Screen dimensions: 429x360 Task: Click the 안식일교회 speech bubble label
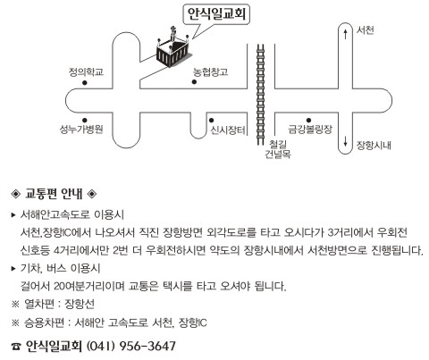(216, 14)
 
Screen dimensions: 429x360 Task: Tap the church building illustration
(173, 48)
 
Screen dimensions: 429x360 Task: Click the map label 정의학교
(86, 72)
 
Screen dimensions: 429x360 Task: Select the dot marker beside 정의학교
(85, 83)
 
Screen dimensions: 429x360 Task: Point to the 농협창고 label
(210, 71)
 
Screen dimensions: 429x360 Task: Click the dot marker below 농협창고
(194, 82)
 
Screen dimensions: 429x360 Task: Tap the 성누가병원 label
(81, 130)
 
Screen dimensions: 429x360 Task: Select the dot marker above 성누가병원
(85, 121)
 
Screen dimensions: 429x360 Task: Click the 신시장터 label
(228, 130)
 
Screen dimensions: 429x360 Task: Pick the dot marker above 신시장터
(211, 121)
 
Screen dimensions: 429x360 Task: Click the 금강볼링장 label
(310, 130)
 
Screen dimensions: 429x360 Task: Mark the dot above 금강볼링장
(308, 121)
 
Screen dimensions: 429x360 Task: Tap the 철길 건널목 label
(278, 149)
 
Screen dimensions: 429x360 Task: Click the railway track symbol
(261, 95)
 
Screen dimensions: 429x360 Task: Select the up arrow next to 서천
(345, 34)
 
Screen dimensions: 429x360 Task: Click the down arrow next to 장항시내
(345, 141)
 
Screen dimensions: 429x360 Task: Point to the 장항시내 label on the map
(374, 146)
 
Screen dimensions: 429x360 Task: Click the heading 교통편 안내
(54, 194)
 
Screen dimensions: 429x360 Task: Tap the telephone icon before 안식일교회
(16, 347)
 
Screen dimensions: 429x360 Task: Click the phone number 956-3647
(147, 346)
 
